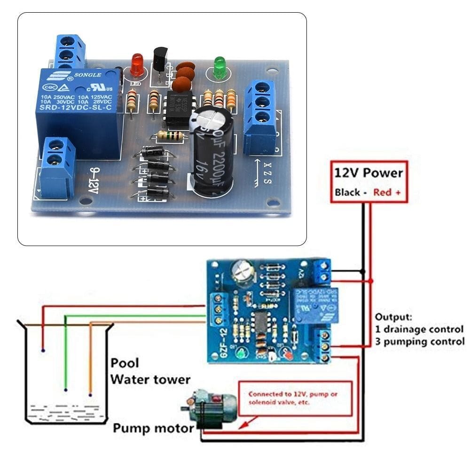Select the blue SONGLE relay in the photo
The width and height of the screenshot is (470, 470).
pyautogui.click(x=78, y=110)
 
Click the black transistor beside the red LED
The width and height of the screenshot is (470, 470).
pyautogui.click(x=160, y=60)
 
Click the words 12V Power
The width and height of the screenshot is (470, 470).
pyautogui.click(x=368, y=173)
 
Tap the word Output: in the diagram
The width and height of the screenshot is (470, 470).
pyautogui.click(x=393, y=317)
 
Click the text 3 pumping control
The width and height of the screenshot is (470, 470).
pyautogui.click(x=419, y=341)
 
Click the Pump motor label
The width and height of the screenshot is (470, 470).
pyautogui.click(x=153, y=428)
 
